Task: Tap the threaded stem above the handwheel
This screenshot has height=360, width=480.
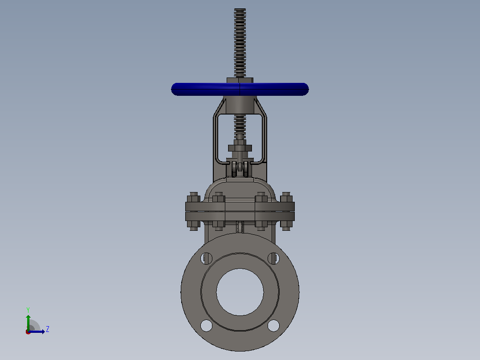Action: tap(240, 43)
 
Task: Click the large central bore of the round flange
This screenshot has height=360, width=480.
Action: tap(240, 292)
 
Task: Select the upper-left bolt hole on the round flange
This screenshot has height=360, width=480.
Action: tap(206, 258)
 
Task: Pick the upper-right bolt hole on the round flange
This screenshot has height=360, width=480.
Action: tap(274, 258)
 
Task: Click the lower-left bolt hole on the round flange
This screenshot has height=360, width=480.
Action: tap(206, 325)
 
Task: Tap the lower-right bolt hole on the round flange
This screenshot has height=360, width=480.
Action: tap(274, 325)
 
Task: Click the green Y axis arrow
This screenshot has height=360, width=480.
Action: tap(28, 322)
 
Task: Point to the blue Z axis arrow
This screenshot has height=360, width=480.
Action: tap(37, 331)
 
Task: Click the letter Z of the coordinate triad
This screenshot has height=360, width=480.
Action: tap(48, 329)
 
